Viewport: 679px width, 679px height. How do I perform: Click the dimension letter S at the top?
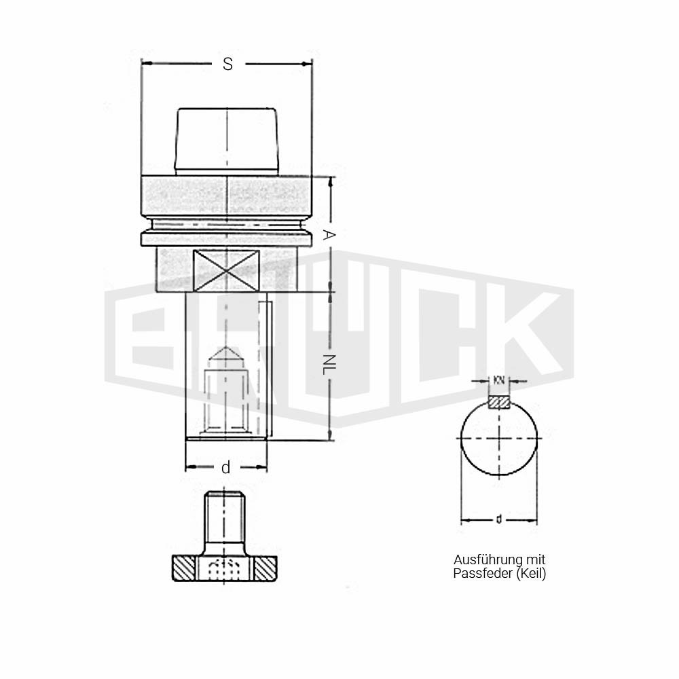pyautogui.click(x=227, y=64)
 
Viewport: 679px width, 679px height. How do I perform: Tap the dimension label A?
pyautogui.click(x=329, y=235)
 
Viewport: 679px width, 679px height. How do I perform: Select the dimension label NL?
pyautogui.click(x=329, y=364)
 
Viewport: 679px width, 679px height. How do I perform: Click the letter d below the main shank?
pyautogui.click(x=225, y=468)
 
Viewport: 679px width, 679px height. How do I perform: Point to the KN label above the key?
pyautogui.click(x=499, y=381)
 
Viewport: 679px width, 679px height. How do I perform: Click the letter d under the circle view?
pyautogui.click(x=499, y=519)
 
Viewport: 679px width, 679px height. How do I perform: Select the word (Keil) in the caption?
pyautogui.click(x=531, y=574)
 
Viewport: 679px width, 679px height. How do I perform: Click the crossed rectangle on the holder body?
pyautogui.click(x=226, y=271)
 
